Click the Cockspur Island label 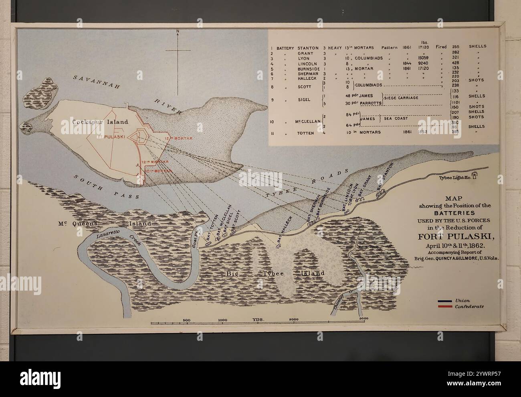pyautogui.click(x=100, y=122)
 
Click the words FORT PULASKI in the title pyautogui.click(x=454, y=236)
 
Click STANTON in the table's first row pyautogui.click(x=308, y=47)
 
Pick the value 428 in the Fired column pyautogui.click(x=455, y=63)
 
